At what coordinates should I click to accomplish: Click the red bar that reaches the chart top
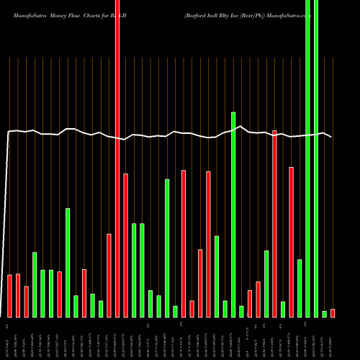(117, 158)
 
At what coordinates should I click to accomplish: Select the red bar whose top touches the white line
(274, 223)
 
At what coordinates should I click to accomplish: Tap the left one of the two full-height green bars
(308, 158)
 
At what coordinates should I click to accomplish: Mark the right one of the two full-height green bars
(316, 158)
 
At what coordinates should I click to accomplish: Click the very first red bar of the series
(10, 296)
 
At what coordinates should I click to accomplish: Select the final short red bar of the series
(333, 313)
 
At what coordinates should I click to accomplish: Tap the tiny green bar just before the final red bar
(325, 314)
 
